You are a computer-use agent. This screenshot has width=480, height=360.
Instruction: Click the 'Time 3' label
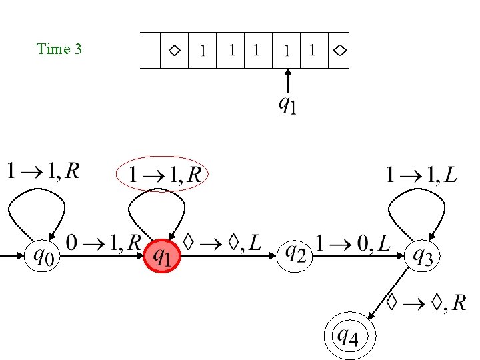[x=59, y=49]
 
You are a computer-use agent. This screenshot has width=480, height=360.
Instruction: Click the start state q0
[x=44, y=255]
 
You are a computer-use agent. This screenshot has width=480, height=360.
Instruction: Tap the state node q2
[x=296, y=254]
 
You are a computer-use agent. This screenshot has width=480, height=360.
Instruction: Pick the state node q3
[x=423, y=256]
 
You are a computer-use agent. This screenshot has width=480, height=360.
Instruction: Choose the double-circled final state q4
[x=346, y=337]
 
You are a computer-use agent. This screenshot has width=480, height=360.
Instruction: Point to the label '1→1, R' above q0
[x=43, y=173]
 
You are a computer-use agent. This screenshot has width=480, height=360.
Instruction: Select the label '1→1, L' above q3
[x=422, y=175]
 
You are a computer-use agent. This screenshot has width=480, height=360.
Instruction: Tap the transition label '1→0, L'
[x=355, y=243]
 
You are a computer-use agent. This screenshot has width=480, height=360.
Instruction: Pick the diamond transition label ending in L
[x=221, y=244]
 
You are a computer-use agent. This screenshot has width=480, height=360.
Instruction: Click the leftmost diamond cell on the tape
[x=174, y=51]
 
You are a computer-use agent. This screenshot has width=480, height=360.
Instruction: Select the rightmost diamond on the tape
[x=339, y=51]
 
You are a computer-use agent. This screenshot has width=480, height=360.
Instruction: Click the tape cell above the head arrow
[x=287, y=51]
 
